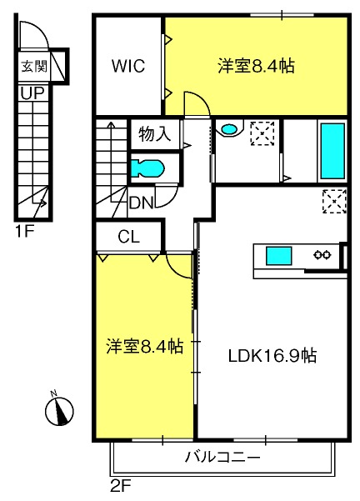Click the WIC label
[x=128, y=66]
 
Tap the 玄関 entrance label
[x=34, y=67]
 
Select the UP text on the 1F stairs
[x=32, y=93]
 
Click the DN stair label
[x=142, y=203]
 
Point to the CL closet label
[x=128, y=237]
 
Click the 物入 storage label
[x=155, y=134]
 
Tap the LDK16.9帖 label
[x=272, y=355]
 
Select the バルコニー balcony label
[x=222, y=458]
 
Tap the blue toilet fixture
[x=147, y=168]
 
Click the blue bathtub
[x=332, y=151]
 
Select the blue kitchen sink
[x=279, y=256]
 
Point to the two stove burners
[x=322, y=254]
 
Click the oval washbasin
[x=229, y=129]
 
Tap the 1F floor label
[x=24, y=232]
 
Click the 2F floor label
[x=121, y=487]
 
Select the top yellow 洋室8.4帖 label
[x=256, y=66]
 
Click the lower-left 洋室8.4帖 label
[x=145, y=346]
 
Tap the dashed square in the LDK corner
[x=334, y=201]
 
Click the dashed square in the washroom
[x=262, y=133]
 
